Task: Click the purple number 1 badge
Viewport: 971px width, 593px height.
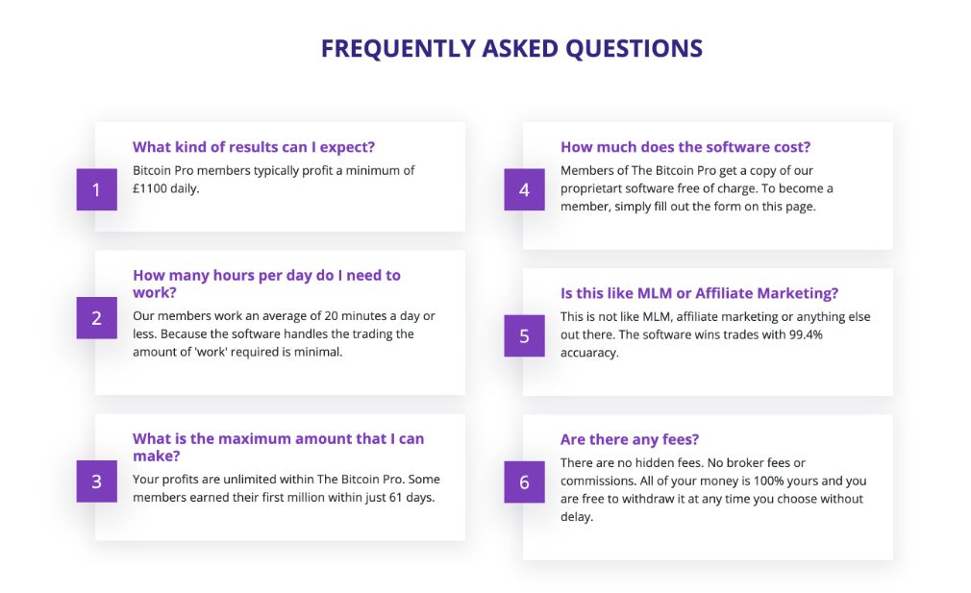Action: [96, 189]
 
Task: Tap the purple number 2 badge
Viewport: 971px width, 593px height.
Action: [96, 317]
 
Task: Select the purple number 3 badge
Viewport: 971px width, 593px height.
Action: [96, 481]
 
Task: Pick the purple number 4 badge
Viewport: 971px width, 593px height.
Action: [525, 189]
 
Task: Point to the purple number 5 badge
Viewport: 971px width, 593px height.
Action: [525, 335]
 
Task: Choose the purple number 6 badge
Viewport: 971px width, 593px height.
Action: [525, 482]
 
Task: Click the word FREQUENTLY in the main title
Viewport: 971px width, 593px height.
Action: [398, 49]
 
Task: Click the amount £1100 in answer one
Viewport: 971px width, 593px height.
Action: [149, 188]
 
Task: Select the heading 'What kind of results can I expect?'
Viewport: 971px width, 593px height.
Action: [254, 147]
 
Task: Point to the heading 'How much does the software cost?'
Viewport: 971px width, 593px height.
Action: [685, 147]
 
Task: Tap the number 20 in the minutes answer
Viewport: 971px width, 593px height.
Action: [332, 315]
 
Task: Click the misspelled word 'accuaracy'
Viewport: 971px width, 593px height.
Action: [589, 353]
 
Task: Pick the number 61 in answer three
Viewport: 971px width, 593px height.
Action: [396, 497]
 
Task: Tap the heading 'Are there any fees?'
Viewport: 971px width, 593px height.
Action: [630, 439]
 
